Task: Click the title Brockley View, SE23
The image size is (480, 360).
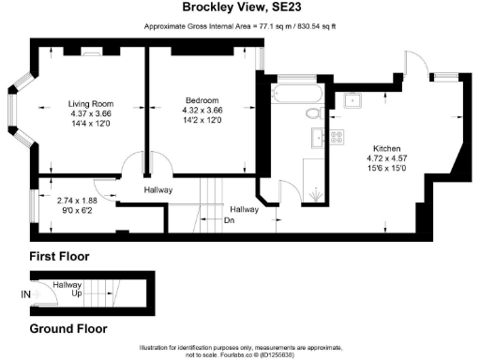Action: tap(239, 7)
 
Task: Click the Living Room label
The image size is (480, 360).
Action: tap(90, 104)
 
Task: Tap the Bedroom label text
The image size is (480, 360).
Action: tap(201, 100)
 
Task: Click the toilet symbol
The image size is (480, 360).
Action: tap(313, 113)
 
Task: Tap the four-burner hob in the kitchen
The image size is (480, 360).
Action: tap(333, 137)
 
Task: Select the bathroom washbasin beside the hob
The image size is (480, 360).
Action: tap(313, 141)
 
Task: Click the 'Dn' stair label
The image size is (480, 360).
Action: tap(228, 221)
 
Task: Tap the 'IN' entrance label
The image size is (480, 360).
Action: tap(24, 293)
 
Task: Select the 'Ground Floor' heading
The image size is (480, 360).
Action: tap(67, 329)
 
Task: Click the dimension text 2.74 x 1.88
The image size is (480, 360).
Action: tap(76, 201)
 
